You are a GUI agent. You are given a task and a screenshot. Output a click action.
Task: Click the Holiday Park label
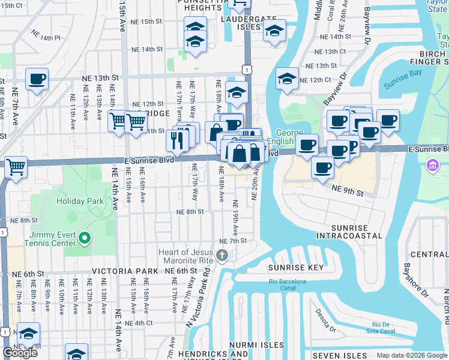click(x=77, y=200)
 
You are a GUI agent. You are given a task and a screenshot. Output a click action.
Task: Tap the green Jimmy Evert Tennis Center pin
click(x=85, y=239)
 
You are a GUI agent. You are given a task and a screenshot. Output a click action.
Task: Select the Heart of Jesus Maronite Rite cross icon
click(x=222, y=257)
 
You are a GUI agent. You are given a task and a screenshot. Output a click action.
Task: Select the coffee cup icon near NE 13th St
click(x=37, y=79)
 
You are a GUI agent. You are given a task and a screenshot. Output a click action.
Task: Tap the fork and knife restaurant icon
click(x=177, y=141)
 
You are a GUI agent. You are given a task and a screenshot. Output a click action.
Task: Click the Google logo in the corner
click(x=20, y=353)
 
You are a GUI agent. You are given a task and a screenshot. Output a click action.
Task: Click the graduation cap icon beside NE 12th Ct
click(x=287, y=79)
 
